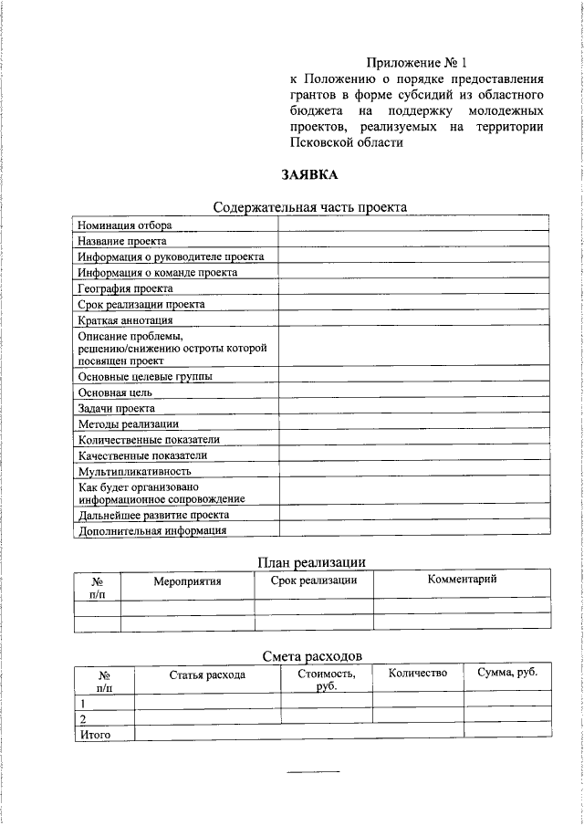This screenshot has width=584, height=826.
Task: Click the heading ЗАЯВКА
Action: coord(310,174)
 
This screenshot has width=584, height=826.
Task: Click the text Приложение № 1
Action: coord(416,63)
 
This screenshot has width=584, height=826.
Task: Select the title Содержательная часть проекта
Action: coord(310,207)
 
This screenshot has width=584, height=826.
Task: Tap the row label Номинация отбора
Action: coord(124,225)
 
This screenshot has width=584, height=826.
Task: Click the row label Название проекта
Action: coord(122,241)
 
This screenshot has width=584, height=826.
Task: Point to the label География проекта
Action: coord(125,288)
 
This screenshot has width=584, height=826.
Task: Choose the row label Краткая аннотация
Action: coord(125,320)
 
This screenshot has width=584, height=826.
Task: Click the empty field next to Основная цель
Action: coord(413,392)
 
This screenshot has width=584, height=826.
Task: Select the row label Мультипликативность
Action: coord(134,471)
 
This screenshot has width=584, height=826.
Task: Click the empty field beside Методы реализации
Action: coord(413,423)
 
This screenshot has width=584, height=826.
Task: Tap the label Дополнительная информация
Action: coord(151,530)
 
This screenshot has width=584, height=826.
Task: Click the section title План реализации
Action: coord(311,561)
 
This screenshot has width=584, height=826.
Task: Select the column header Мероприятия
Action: coord(187,580)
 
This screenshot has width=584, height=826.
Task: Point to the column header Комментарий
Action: coord(462,580)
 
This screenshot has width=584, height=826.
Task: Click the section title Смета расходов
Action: coord(311,655)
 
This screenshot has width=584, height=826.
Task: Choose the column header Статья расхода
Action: coord(207,674)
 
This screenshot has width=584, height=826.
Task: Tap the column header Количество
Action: coord(417,674)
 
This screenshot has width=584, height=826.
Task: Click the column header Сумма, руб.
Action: coord(506,673)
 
